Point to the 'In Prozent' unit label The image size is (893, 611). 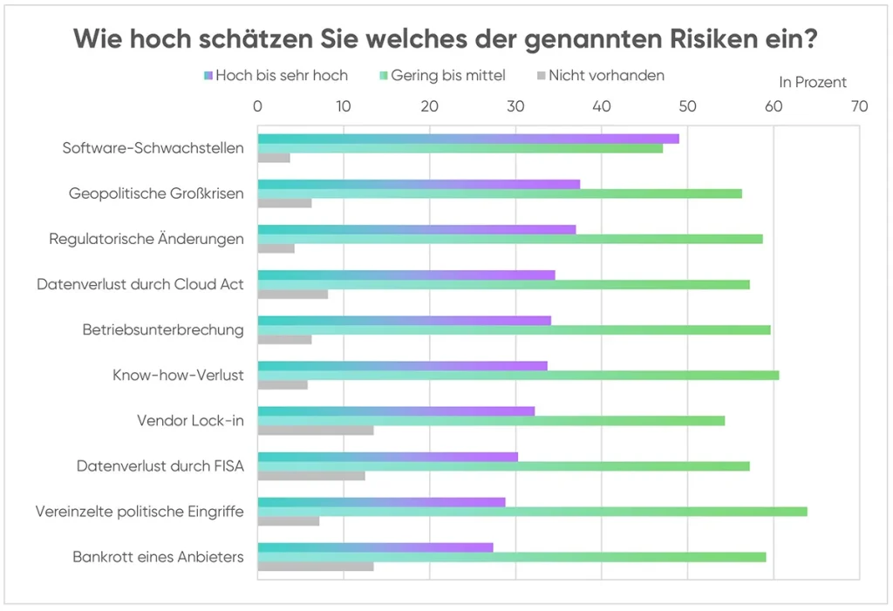813,83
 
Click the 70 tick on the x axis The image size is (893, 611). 859,106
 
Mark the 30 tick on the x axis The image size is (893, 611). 515,106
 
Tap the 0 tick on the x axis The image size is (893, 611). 258,106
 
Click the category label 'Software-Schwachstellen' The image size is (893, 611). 153,148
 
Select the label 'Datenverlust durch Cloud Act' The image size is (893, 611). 140,284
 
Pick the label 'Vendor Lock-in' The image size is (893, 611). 190,420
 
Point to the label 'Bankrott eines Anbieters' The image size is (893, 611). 158,556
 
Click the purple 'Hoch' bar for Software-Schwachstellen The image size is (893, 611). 468,139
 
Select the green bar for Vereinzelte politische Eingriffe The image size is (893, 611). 532,511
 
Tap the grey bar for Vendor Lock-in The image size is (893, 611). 316,430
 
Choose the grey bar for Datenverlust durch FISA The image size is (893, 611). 311,475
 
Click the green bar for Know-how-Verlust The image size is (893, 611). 518,375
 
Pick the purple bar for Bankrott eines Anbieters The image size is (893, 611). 376,547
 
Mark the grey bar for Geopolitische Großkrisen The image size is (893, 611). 284,203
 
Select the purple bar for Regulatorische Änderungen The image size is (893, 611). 417,229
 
